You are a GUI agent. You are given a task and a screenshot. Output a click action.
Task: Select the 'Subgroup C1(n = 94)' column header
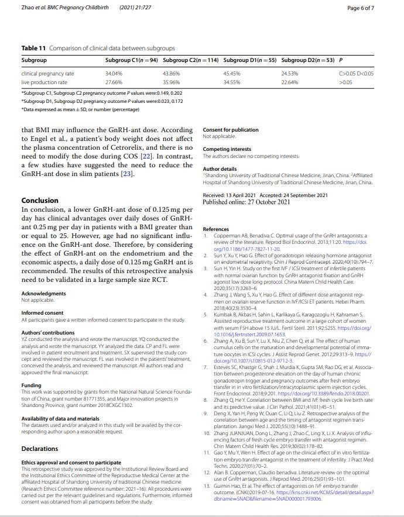(132, 60)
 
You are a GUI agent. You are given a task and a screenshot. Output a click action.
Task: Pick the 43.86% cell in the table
(172, 74)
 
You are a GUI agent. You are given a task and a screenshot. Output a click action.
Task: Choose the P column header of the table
(341, 60)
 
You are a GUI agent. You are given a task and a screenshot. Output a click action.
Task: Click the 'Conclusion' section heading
(43, 201)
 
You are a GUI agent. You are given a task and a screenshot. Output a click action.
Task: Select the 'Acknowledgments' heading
(43, 294)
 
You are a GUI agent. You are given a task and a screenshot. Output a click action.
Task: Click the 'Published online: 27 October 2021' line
(246, 202)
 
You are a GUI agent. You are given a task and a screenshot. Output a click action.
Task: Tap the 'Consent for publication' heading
(230, 130)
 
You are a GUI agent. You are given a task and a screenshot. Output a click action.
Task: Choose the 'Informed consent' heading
(42, 313)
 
